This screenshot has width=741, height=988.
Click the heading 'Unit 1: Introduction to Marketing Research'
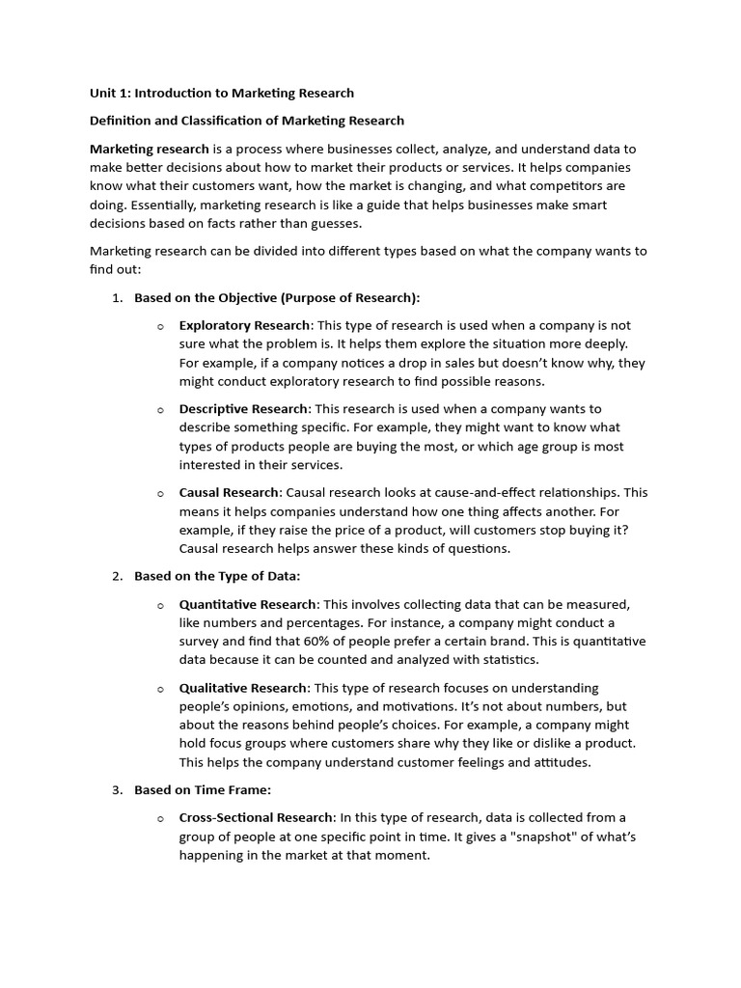click(222, 94)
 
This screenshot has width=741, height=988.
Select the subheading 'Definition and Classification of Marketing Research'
click(247, 121)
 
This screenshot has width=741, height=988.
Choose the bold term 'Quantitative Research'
click(247, 604)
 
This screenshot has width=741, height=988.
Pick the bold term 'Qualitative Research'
click(243, 688)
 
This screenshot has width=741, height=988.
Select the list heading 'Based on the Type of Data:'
click(217, 576)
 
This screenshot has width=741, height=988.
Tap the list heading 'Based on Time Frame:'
click(202, 790)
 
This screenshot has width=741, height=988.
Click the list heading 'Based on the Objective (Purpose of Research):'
click(277, 297)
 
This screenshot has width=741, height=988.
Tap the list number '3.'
click(117, 790)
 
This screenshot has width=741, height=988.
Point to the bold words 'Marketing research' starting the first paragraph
click(150, 150)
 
